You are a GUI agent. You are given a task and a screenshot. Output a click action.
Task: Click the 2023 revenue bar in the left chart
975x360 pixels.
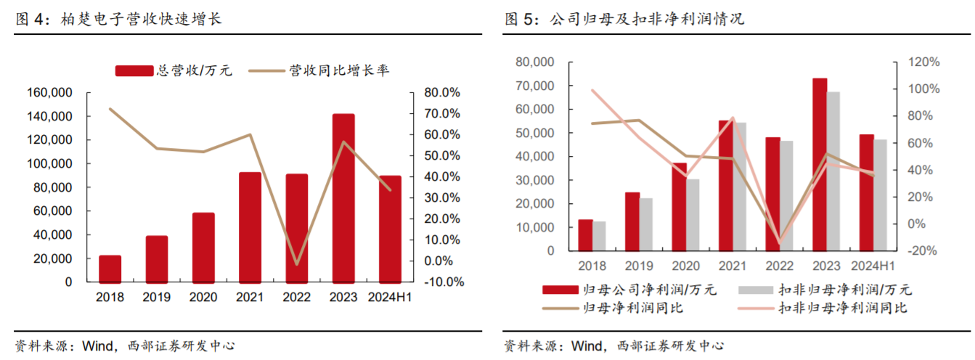[x=343, y=197]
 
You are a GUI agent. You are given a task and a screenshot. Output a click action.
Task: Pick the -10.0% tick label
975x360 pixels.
[x=441, y=282]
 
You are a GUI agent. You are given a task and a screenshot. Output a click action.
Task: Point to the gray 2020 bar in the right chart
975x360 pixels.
[x=693, y=215]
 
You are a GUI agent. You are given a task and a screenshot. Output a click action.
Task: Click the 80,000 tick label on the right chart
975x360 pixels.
[x=534, y=62]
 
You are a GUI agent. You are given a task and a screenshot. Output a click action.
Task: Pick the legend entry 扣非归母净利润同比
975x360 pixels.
[x=842, y=308]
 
